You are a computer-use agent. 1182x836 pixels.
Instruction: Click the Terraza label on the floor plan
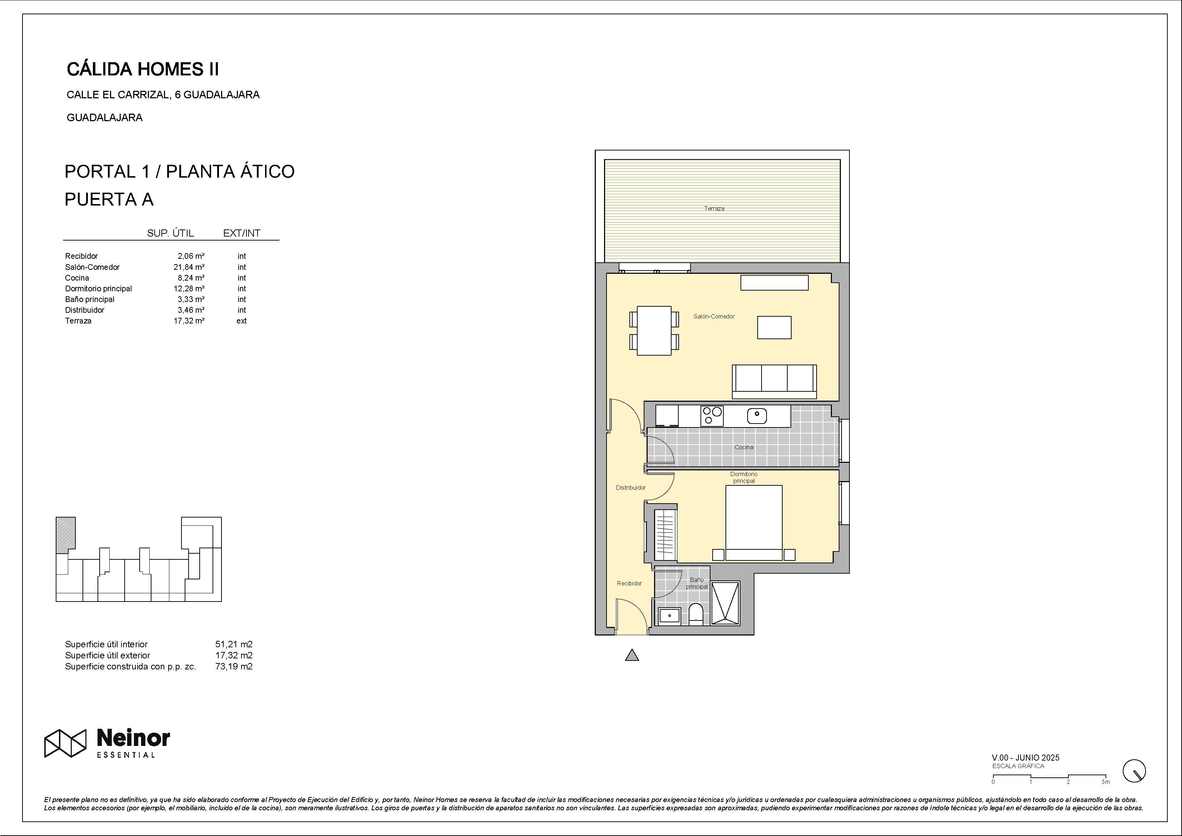pos(714,209)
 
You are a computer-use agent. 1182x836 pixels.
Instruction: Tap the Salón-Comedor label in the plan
pos(714,316)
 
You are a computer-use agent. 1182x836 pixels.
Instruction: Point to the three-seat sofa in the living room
pos(774,381)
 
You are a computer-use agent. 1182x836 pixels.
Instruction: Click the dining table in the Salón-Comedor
pos(654,331)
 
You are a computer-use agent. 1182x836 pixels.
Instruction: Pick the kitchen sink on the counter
pos(757,416)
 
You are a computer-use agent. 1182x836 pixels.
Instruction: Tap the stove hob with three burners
pos(712,416)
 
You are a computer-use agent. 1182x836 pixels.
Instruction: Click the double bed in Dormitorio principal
pos(754,523)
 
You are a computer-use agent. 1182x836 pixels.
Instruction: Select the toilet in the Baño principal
pos(695,614)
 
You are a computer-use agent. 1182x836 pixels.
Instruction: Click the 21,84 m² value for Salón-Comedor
pos(189,267)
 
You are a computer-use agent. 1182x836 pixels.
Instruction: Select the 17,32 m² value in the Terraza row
pos(189,320)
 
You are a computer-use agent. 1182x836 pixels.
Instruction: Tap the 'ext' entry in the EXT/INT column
pos(241,320)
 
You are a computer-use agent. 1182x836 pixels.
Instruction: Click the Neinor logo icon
pos(65,743)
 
